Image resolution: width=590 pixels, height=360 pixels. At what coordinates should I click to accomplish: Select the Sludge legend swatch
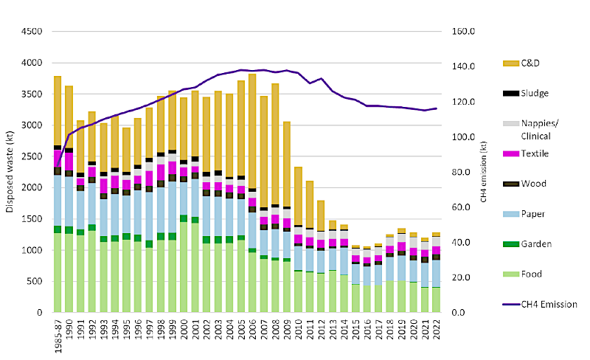pyautogui.click(x=510, y=93)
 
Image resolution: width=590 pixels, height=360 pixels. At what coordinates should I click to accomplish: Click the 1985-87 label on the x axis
pyautogui.click(x=58, y=336)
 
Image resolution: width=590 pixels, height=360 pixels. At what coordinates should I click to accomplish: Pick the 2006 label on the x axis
pyautogui.click(x=252, y=330)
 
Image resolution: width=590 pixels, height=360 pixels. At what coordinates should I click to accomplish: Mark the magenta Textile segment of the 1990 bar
pyautogui.click(x=69, y=162)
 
